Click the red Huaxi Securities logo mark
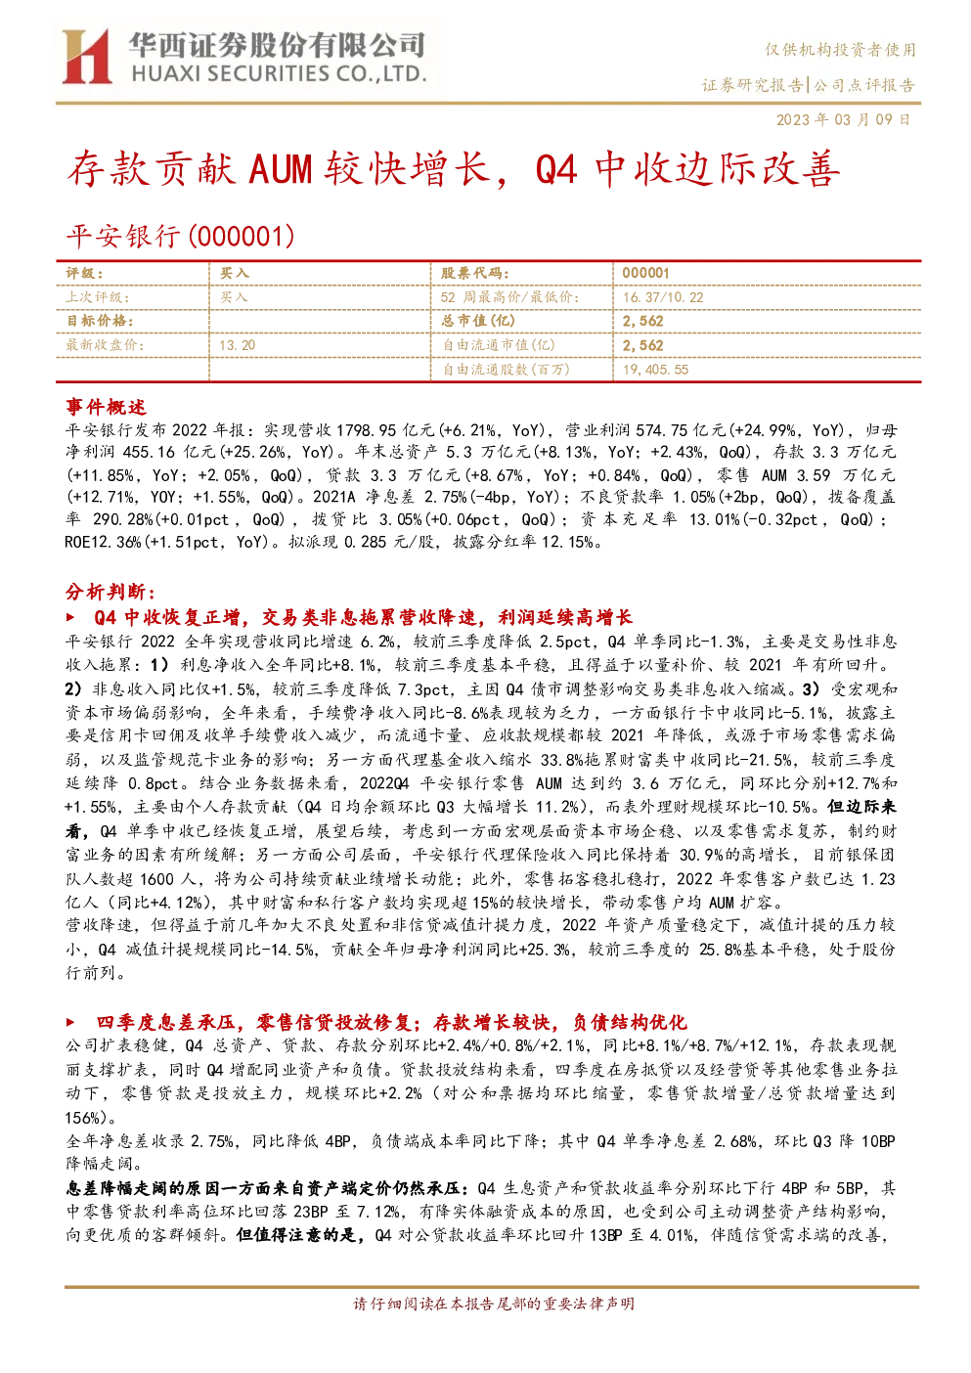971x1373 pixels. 87,57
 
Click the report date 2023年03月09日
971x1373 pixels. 843,119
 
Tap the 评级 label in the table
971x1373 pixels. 85,274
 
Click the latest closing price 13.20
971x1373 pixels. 238,345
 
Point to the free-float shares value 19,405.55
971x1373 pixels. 655,370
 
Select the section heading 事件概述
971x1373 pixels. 106,407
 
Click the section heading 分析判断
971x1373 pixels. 110,592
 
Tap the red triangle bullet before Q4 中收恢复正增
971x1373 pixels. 70,617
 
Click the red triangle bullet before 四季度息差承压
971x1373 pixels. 70,1022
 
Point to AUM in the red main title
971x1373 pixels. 280,169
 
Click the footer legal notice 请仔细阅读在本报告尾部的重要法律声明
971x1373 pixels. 494,1304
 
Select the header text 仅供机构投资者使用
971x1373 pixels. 840,50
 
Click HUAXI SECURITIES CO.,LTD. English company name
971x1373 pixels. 279,74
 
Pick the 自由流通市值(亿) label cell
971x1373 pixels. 499,345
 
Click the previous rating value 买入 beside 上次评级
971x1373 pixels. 234,297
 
